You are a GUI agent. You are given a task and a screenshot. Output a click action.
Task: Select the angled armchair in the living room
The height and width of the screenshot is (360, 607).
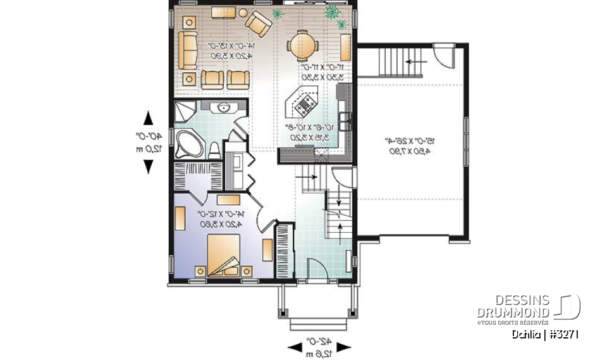pyautogui.click(x=258, y=23)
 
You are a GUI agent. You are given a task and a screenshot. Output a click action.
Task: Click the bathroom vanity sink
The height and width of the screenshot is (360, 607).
pyautogui.click(x=223, y=108)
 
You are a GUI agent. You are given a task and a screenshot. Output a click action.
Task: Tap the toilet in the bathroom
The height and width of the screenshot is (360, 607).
pyautogui.click(x=214, y=149)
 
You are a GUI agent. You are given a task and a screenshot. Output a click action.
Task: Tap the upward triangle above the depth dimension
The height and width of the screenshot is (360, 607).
pyautogui.click(x=149, y=118)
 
